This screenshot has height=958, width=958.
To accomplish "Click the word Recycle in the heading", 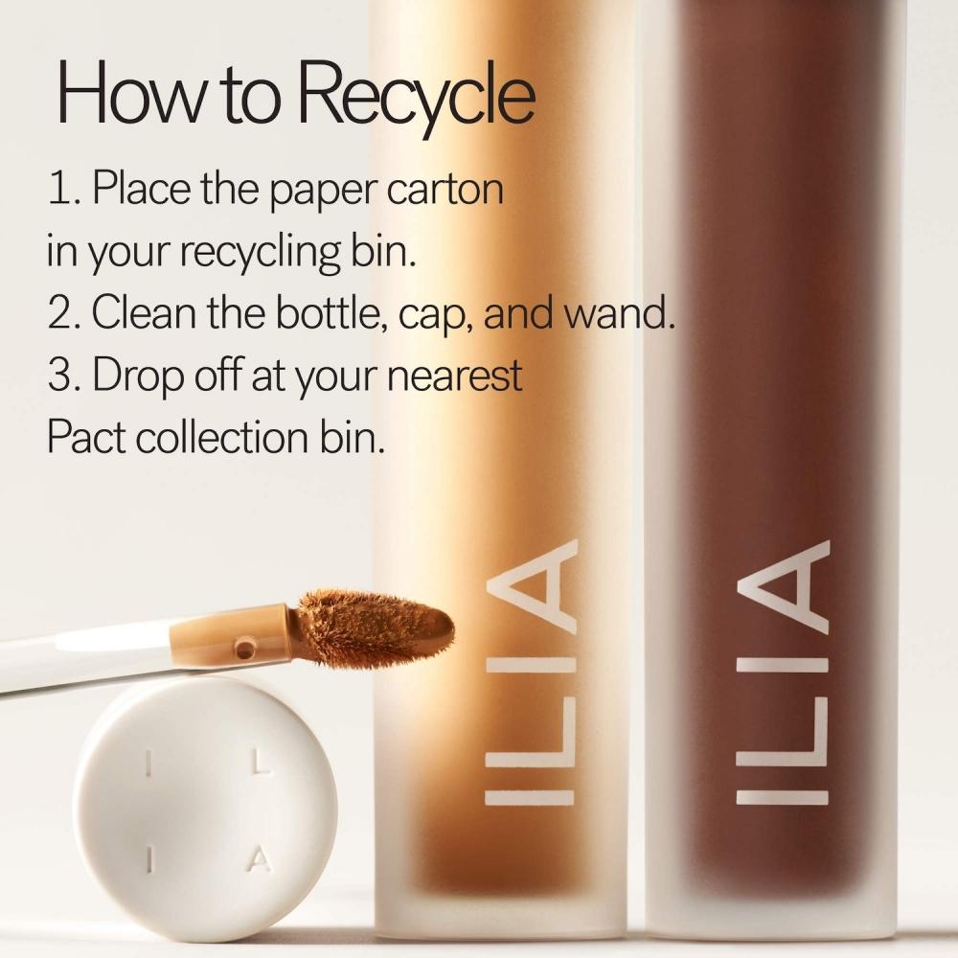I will pos(423,94).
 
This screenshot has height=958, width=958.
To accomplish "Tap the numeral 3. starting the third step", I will pos(63,376).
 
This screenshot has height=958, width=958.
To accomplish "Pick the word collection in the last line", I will pos(224,438).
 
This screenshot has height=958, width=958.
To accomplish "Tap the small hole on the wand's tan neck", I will pos(246,649).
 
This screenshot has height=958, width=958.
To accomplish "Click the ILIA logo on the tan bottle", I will pos(530,671).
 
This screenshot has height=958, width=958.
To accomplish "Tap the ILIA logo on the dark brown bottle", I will pos(780,671).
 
